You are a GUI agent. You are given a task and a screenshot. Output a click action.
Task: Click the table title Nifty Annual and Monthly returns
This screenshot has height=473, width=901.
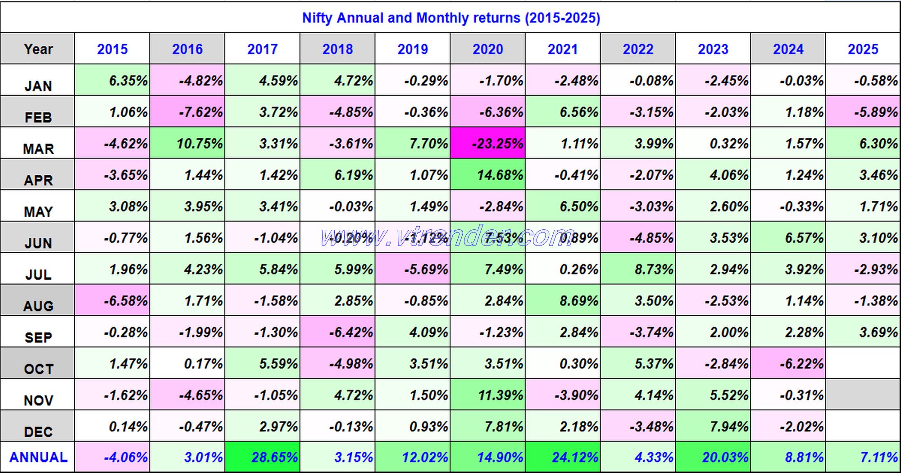click(x=450, y=18)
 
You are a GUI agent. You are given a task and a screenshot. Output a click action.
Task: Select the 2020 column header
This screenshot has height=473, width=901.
click(x=487, y=49)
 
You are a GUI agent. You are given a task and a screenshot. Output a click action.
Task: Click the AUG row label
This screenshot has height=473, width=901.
click(x=38, y=305)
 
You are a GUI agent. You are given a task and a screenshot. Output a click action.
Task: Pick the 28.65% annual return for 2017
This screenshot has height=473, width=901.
click(x=263, y=457)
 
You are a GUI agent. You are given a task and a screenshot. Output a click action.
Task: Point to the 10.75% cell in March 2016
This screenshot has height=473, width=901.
click(x=187, y=143)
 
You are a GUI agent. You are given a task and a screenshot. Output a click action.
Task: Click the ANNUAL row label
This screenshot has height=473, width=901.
click(x=38, y=457)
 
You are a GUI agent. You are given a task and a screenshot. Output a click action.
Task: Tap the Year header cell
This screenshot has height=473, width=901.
click(x=38, y=49)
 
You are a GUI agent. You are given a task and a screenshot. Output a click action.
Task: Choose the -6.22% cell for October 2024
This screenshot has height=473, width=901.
click(x=788, y=363)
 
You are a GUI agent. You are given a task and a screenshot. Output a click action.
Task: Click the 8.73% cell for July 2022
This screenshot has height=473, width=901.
click(x=638, y=269)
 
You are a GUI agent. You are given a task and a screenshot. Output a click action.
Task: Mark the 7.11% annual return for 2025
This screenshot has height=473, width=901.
click(x=863, y=457)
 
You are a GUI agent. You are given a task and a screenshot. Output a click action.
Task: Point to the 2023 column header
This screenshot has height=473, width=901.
click(x=713, y=49)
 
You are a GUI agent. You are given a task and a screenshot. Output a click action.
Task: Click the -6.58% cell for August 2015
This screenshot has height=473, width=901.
click(x=113, y=300)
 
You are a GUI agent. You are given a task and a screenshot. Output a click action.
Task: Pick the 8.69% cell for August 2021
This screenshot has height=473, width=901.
click(x=563, y=300)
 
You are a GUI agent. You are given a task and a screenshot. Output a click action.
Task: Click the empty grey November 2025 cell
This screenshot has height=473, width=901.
click(x=863, y=395)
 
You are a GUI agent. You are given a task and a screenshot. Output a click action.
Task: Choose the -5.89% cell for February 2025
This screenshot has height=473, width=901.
click(x=863, y=112)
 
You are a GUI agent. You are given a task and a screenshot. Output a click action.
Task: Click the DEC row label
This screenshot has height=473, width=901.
click(x=38, y=431)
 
